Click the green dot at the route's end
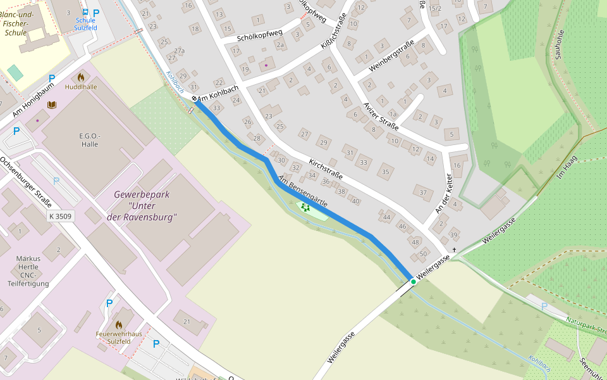coord(413,281)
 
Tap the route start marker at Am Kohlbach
coord(194,99)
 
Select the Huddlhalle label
coord(81,87)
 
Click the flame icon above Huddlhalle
coord(81,77)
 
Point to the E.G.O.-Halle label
coord(90,140)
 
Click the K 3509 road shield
coord(61,217)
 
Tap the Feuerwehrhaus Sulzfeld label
coord(113,337)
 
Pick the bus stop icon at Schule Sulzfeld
coord(85,11)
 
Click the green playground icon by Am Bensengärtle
coord(305,206)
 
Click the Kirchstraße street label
coord(326,170)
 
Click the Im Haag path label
coord(567,166)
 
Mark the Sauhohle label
coord(558,47)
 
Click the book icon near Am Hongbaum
coord(52,104)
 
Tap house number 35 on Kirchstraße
coord(384,172)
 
